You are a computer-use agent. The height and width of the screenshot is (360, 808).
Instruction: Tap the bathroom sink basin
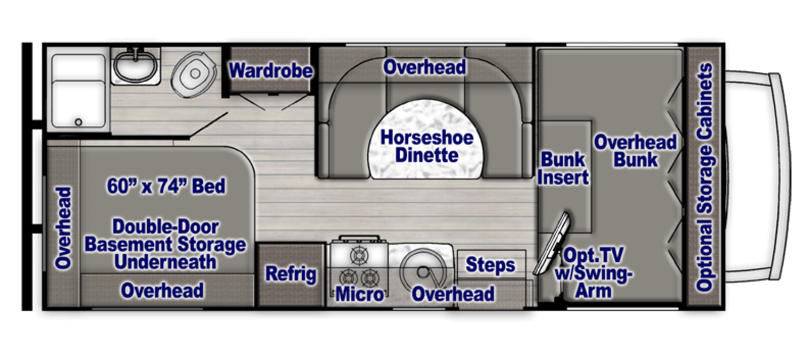(x=135, y=66)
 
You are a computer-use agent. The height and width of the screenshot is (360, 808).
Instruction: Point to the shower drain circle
(x=78, y=122)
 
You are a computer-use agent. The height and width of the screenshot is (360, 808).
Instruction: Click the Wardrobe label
(x=271, y=71)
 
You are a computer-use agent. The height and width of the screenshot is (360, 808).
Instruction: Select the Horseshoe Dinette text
(x=427, y=146)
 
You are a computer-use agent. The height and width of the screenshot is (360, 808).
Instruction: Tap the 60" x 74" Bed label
(x=166, y=186)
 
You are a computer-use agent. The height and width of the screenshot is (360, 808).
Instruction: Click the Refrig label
(x=291, y=274)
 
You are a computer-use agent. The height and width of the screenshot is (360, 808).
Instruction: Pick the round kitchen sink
(x=423, y=271)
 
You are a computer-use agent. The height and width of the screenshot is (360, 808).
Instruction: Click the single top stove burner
(x=359, y=255)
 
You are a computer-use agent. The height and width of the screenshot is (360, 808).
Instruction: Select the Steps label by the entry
(x=490, y=265)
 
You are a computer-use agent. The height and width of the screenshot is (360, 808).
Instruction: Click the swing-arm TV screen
(x=552, y=244)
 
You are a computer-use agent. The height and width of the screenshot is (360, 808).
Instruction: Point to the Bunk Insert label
(x=563, y=169)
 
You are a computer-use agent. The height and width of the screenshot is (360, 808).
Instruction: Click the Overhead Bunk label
(x=636, y=151)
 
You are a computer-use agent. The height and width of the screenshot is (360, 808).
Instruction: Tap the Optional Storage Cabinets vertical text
(x=705, y=178)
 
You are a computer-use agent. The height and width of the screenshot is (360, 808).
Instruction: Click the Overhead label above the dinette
(x=424, y=67)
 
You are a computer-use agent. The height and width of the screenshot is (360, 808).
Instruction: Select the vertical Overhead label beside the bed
(x=63, y=228)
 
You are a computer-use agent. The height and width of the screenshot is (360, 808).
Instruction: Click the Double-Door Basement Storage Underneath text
(x=166, y=244)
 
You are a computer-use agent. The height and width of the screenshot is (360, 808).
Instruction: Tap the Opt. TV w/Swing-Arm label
(x=593, y=273)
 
